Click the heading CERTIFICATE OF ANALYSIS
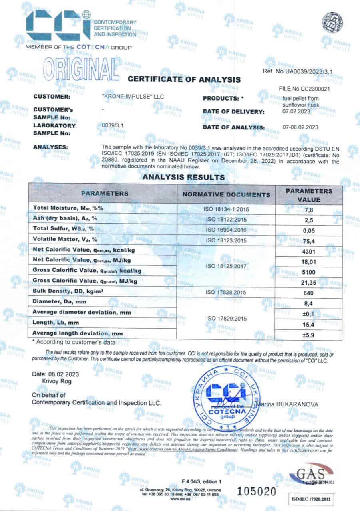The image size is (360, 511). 184,79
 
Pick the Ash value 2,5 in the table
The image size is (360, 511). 309,219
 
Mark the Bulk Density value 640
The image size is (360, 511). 309,292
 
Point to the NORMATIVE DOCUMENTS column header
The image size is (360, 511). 226,195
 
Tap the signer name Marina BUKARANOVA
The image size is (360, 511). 288,404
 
